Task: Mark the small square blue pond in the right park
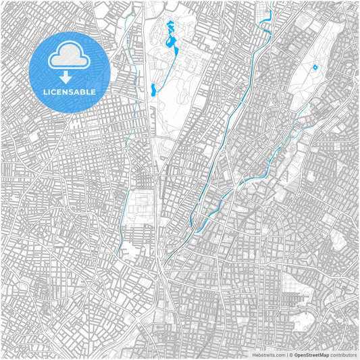pyautogui.click(x=314, y=67)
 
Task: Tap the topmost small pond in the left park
pyautogui.click(x=168, y=26)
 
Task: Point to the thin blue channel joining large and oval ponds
pyautogui.click(x=162, y=68)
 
